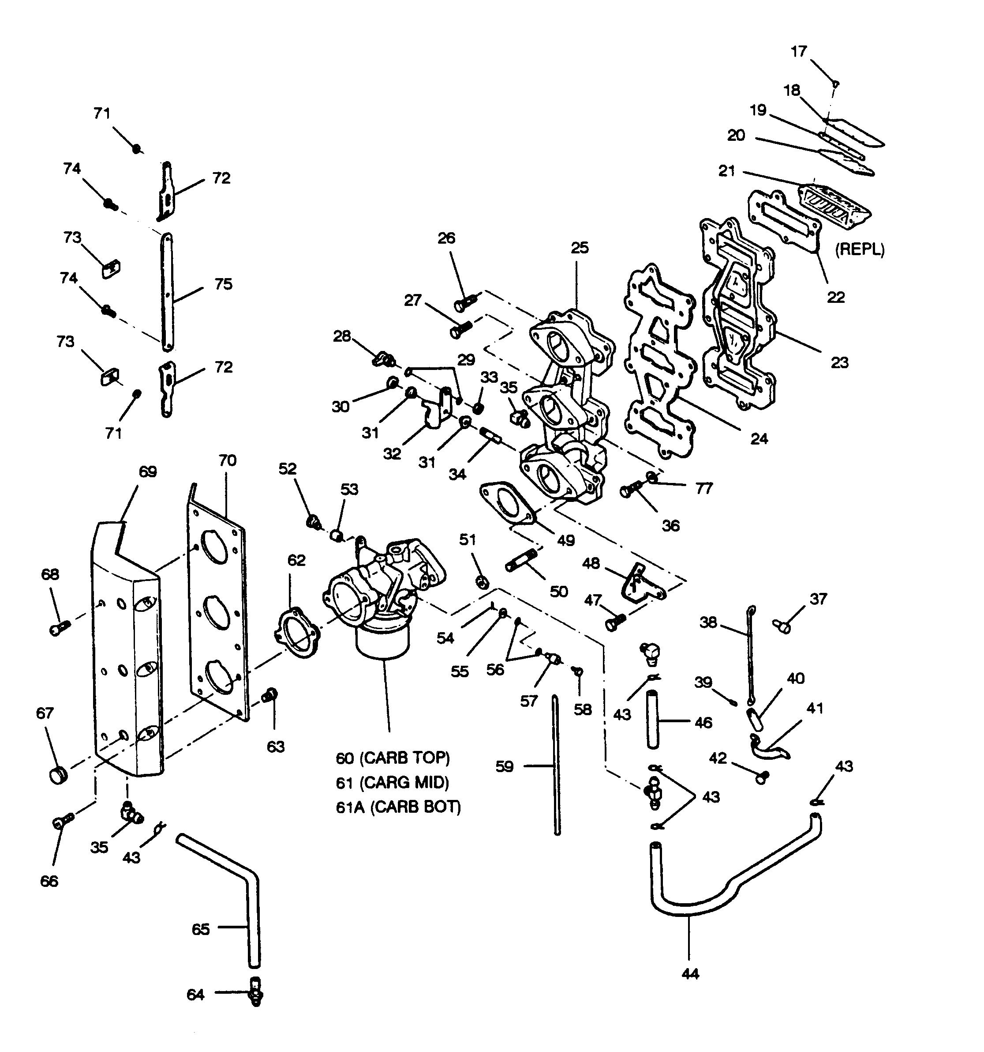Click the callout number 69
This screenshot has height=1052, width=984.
coord(148,471)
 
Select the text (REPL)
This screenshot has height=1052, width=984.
coord(859,249)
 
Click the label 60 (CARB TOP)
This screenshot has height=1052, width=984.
coord(393,758)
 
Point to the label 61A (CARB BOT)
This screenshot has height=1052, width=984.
coord(398,807)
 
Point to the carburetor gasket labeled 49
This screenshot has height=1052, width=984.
coord(505,504)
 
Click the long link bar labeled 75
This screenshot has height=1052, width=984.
coord(167,291)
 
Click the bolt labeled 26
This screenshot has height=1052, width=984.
coord(464,303)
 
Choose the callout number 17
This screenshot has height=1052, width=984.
coord(798,51)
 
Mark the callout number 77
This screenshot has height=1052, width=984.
coord(704,488)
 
